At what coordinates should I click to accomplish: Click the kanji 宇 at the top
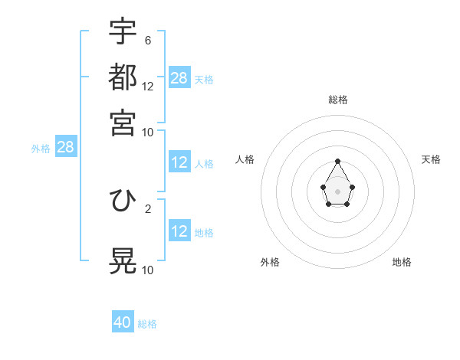coord(123,31)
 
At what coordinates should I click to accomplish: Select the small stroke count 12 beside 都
coord(148,86)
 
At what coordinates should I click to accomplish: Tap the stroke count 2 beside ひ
coord(148,208)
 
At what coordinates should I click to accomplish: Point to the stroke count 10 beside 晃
coord(148,270)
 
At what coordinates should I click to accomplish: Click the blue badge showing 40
coord(123,322)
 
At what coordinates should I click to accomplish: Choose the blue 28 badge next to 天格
coord(179,78)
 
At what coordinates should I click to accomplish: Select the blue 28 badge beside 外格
coord(65,147)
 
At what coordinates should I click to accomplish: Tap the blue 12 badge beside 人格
coord(179,162)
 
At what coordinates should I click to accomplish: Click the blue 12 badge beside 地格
coord(179,231)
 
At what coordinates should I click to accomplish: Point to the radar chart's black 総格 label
coord(338,100)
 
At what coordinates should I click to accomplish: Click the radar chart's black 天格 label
coord(432,159)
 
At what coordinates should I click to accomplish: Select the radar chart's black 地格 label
coord(402,262)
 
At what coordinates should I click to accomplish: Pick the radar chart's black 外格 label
coord(270,262)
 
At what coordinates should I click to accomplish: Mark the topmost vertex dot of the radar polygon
coord(338,161)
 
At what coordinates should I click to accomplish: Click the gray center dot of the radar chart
coord(338,191)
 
